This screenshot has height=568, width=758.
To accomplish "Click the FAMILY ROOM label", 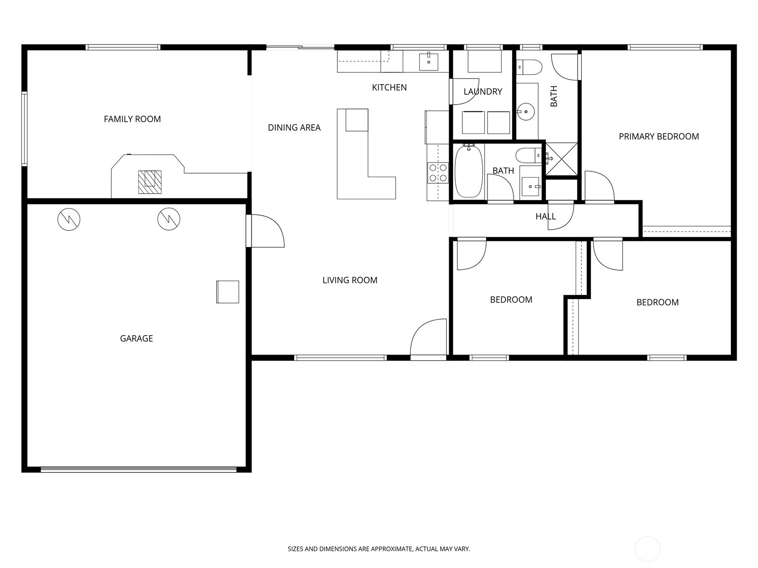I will coord(132,119).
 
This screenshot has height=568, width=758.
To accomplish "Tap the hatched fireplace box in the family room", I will coord(150,182).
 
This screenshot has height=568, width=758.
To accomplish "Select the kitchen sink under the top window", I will coord(428,62).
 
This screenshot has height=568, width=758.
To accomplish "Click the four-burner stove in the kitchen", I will coord(438,173).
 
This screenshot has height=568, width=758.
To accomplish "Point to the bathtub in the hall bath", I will coord(469,171).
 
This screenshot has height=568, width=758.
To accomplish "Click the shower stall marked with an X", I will coord(562,159).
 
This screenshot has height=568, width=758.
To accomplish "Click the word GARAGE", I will coord(136,338).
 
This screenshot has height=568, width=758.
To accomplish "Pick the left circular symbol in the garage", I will coord(69,219).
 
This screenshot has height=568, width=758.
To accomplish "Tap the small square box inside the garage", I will coord(227,292).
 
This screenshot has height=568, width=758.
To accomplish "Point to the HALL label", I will coord(546,217).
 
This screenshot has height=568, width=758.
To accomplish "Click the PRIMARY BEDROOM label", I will coord(659,137).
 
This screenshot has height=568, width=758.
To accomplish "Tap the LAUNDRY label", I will coord(483,92).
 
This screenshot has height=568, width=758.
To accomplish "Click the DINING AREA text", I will coord(294,128).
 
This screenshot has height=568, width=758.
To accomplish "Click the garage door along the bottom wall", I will coord(138,470).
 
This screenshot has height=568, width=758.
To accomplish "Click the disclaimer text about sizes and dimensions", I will coord(379,549).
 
